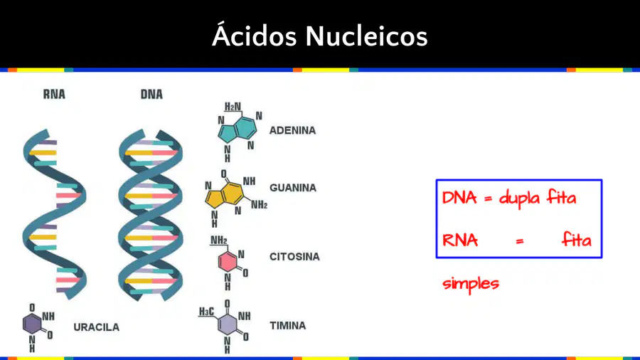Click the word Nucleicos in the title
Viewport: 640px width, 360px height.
pyautogui.click(x=366, y=36)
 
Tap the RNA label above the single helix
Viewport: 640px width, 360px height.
pyautogui.click(x=54, y=95)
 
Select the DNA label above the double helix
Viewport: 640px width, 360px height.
pyautogui.click(x=151, y=95)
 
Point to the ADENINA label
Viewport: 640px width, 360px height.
pyautogui.click(x=293, y=130)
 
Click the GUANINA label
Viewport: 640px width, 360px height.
pyautogui.click(x=293, y=188)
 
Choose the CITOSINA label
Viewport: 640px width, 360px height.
pyautogui.click(x=294, y=257)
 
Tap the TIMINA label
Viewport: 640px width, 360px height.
pyautogui.click(x=288, y=326)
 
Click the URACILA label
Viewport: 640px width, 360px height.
pyautogui.click(x=96, y=327)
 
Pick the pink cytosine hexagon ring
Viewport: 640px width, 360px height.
pyautogui.click(x=228, y=262)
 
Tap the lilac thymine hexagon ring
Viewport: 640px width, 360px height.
pyautogui.click(x=228, y=324)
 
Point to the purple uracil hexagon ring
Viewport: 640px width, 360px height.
pyautogui.click(x=32, y=324)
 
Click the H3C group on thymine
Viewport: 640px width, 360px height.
pyautogui.click(x=206, y=312)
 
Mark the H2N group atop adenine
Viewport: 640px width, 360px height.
pyautogui.click(x=233, y=107)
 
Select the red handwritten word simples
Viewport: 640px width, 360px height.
pyautogui.click(x=471, y=284)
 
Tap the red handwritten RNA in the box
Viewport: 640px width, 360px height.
pyautogui.click(x=460, y=240)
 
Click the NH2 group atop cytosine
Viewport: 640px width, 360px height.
pyautogui.click(x=219, y=240)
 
